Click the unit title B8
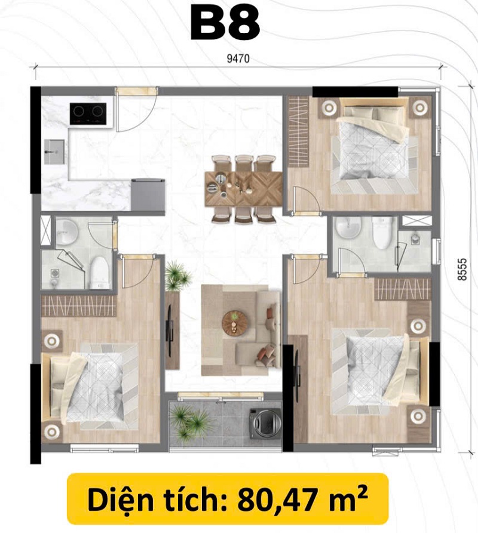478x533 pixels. click(225, 24)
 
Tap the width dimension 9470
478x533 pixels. click(238, 59)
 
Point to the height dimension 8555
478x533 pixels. click(462, 269)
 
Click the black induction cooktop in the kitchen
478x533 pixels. click(88, 114)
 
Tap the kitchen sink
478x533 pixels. click(54, 152)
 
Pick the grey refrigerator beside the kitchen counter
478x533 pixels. click(148, 195)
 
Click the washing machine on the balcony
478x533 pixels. click(265, 422)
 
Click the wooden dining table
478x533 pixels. click(243, 189)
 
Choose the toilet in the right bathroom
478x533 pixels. click(383, 233)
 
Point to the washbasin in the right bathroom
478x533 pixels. click(348, 228)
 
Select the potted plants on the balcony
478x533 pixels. click(189, 422)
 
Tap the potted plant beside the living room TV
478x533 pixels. click(177, 276)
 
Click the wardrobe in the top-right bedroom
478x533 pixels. click(298, 131)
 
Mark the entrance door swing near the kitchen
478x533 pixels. click(137, 111)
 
